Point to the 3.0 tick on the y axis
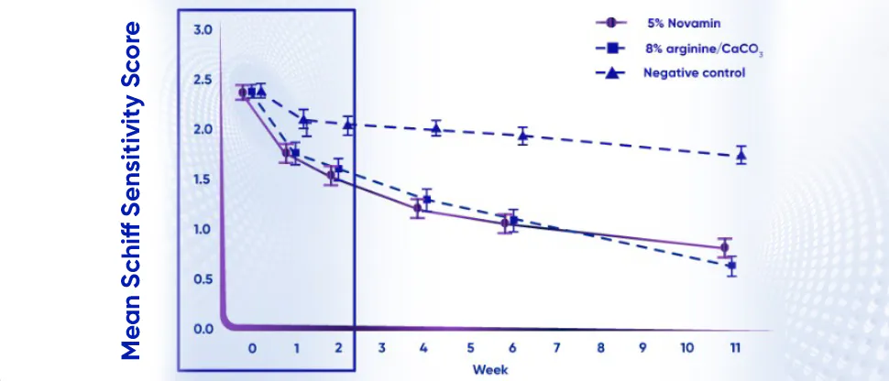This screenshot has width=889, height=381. coord(203,30)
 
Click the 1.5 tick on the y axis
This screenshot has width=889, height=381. coord(203,180)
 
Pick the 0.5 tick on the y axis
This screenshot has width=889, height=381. coord(203,279)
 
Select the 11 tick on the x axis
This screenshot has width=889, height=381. coord(735,349)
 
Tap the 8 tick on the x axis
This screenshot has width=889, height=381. coord(600,349)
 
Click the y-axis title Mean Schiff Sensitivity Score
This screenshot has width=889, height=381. coord(132,190)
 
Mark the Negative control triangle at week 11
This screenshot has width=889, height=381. coord(741,156)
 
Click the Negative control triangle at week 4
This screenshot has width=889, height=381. coord(436,129)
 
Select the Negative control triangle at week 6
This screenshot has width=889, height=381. coord(523,136)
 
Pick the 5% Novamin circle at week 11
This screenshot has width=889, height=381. coord(724,248)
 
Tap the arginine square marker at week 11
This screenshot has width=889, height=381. coord(731,267)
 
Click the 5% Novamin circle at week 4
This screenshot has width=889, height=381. coord(418,208)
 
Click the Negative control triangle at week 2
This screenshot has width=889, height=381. coord(348,125)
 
